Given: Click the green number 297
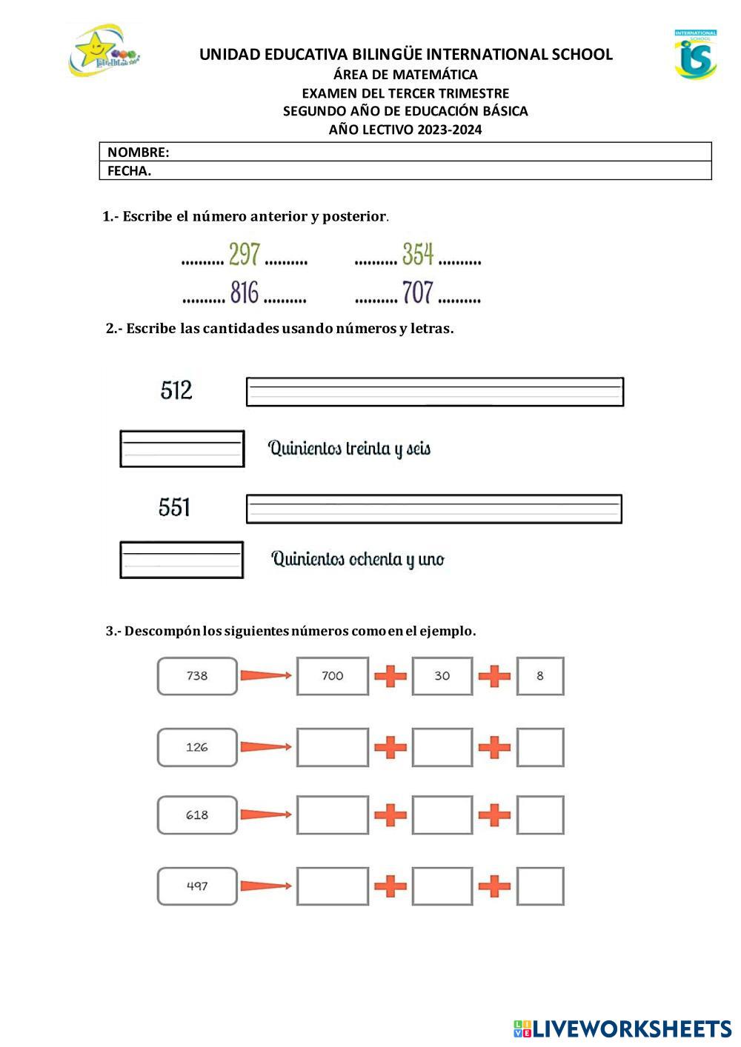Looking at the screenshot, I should click(x=244, y=254).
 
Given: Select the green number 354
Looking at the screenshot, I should click(x=418, y=254).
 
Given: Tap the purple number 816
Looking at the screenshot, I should click(x=244, y=292).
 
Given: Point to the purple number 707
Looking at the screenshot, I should click(x=418, y=292).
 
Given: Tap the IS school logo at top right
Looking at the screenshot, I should click(x=695, y=54).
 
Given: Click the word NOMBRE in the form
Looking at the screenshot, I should click(x=138, y=153).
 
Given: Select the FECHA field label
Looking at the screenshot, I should click(x=129, y=171).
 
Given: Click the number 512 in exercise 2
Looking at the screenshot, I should click(x=176, y=390).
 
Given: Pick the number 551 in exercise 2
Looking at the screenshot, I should click(x=175, y=507).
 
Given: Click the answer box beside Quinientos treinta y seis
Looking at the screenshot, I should click(x=182, y=449).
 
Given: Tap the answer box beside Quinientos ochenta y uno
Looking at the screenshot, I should click(x=182, y=560).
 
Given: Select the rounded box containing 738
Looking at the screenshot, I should click(x=197, y=676).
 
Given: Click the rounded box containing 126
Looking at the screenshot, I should click(x=197, y=747).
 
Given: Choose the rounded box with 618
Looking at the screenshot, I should click(x=197, y=815).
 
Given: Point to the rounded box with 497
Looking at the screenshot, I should click(x=197, y=886).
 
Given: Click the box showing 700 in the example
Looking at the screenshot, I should click(x=333, y=676).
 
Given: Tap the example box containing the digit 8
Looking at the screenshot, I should click(x=540, y=676).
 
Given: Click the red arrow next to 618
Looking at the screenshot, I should click(x=265, y=815).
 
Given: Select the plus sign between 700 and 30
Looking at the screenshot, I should click(x=391, y=676).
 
